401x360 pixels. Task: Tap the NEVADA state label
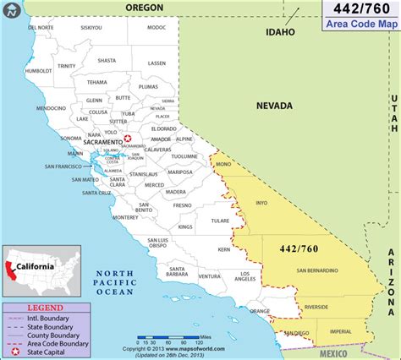274,106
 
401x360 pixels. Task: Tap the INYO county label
261,202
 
